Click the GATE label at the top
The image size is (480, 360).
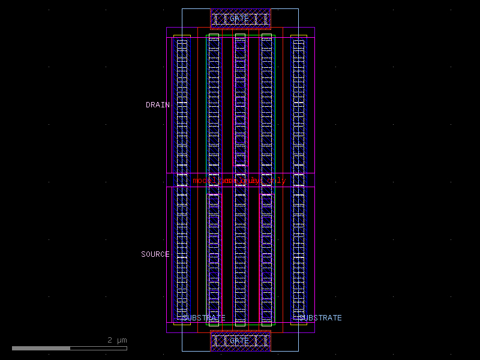pos(239,19)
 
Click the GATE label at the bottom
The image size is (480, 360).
pos(239,341)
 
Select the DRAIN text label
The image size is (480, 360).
pos(158,105)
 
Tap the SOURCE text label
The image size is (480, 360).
pos(155,254)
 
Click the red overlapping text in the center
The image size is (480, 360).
pos(239,181)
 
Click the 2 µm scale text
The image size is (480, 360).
pos(117,340)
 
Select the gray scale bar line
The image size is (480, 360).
pos(69,348)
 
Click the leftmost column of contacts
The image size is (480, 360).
pos(182,180)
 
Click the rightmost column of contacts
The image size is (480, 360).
pos(298,180)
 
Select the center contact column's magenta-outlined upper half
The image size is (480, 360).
pos(240,102)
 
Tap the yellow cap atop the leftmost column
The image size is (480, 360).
pos(182,37)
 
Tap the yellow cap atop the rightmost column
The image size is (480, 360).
pos(298,37)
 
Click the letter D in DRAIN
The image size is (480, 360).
pos(148,105)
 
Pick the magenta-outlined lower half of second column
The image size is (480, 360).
pos(214,258)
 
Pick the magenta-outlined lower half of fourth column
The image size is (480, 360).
pos(266,258)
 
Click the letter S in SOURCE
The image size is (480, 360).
pos(143,254)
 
